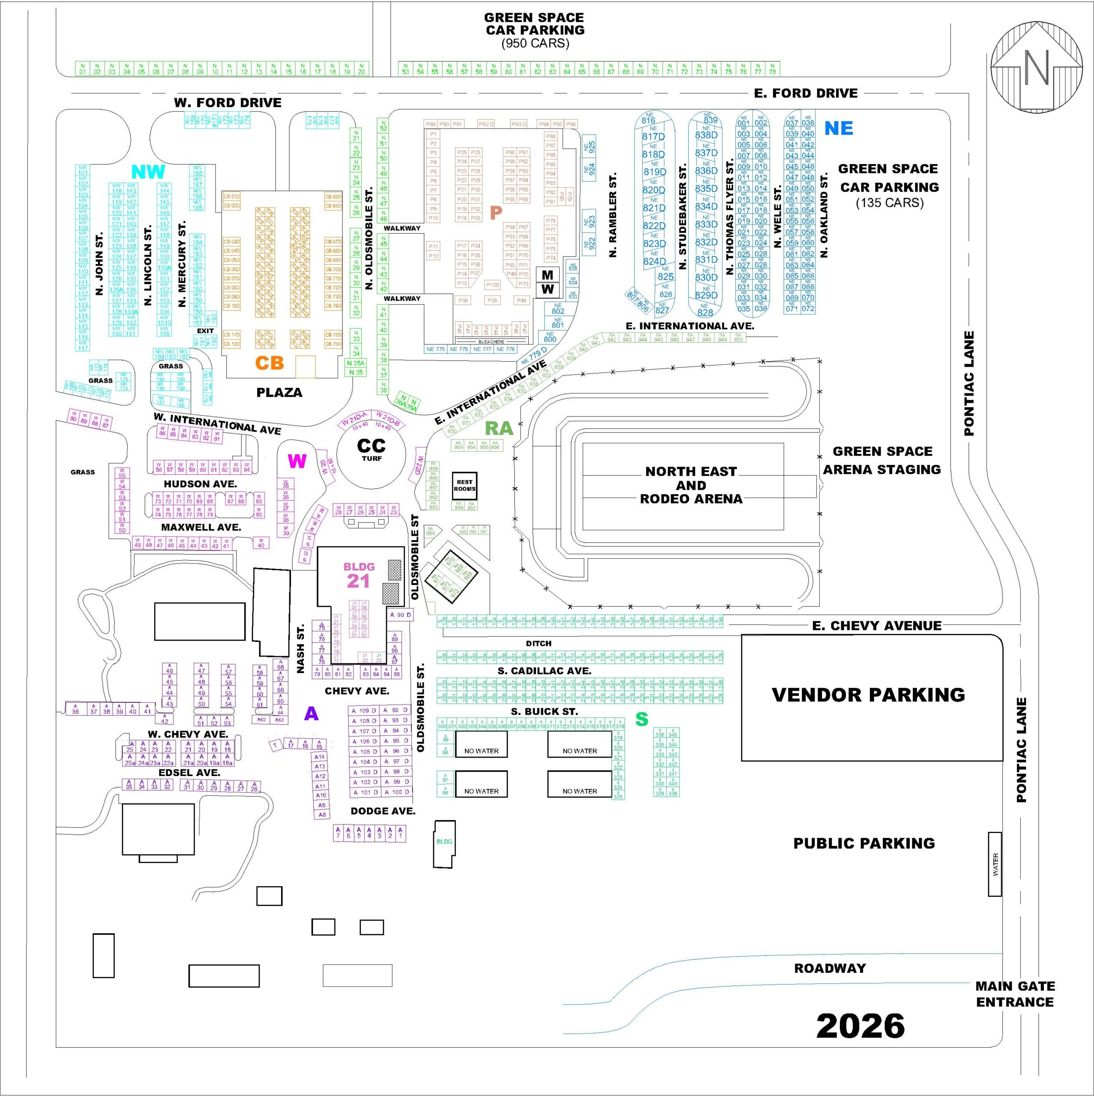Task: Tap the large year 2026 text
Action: point(860,1025)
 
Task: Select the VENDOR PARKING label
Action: point(868,695)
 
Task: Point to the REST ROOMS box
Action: point(465,486)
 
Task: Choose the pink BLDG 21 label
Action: point(359,575)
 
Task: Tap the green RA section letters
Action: point(499,429)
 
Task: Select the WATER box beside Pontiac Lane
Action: point(995,865)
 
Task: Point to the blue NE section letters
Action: point(839,128)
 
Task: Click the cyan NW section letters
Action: point(148,171)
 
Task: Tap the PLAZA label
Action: point(279,393)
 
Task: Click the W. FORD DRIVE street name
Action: point(228,103)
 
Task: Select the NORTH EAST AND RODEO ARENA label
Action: point(691,485)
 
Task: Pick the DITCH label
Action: point(538,643)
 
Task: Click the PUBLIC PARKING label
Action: point(864,843)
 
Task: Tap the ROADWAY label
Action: point(830,968)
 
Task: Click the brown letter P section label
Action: point(496,213)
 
